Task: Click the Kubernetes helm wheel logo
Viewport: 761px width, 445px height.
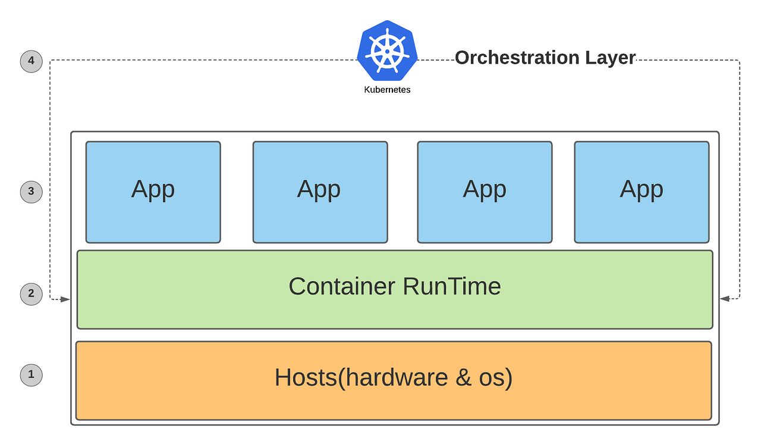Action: click(387, 52)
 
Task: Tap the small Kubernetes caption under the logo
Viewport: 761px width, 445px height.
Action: click(387, 90)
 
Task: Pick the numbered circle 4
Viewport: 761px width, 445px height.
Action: click(31, 61)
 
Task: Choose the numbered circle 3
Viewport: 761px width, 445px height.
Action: click(31, 191)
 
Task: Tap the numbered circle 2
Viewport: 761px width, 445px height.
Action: click(31, 293)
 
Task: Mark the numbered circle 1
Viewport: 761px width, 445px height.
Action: click(31, 375)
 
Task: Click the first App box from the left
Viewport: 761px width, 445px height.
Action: click(153, 192)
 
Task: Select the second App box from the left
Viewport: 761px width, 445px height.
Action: click(320, 192)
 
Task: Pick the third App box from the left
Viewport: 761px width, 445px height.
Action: click(485, 192)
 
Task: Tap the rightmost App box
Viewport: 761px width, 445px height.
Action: click(641, 192)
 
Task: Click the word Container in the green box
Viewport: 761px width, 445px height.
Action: click(341, 286)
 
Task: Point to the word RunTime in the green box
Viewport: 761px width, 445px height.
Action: click(452, 286)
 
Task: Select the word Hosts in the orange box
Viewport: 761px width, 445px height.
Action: click(306, 378)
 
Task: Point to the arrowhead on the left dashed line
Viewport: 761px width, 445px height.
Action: click(65, 299)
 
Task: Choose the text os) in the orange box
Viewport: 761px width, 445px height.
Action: click(495, 378)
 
